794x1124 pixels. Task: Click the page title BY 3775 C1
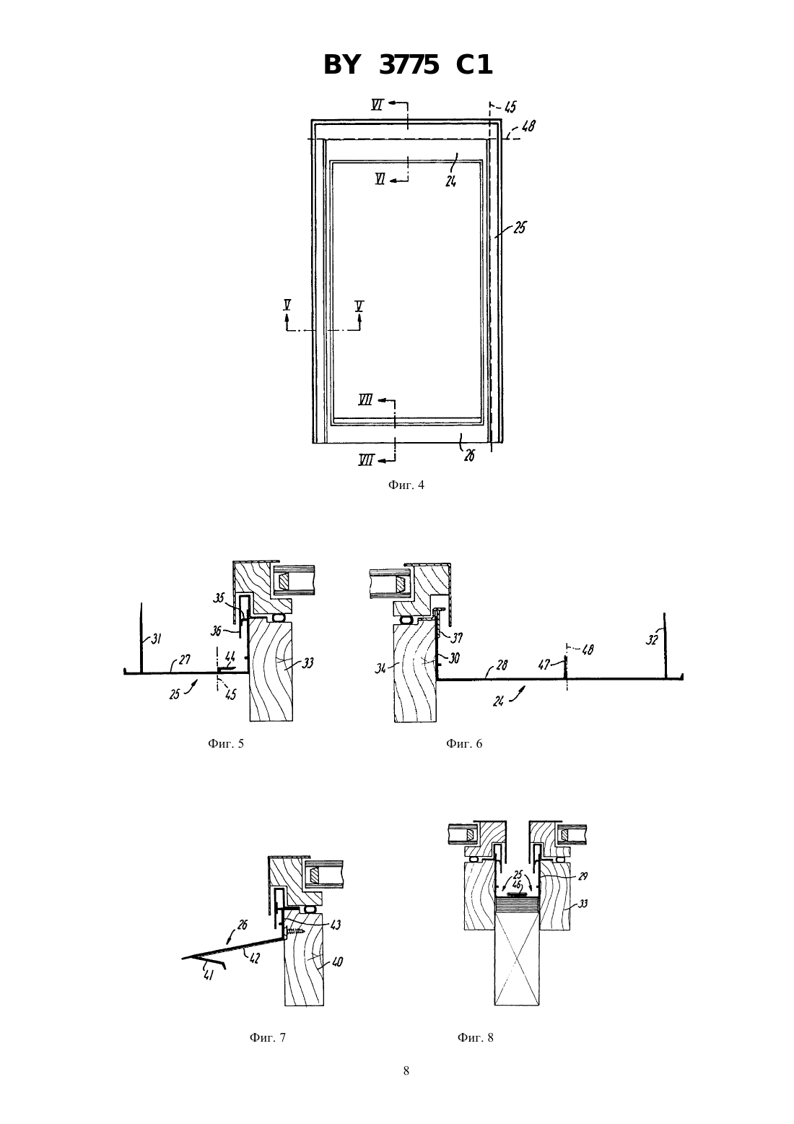click(408, 65)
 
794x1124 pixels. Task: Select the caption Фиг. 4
click(406, 485)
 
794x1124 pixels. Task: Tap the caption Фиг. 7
click(268, 1037)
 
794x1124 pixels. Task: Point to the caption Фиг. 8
click(475, 1037)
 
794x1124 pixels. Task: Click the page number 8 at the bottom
click(406, 1071)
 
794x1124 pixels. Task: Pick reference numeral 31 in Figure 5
click(156, 639)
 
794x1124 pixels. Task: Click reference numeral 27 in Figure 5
click(184, 661)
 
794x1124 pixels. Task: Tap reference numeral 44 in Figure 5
click(230, 657)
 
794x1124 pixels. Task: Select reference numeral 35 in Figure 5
click(219, 597)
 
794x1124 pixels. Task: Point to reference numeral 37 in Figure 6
click(456, 638)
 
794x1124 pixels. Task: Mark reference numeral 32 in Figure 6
click(651, 640)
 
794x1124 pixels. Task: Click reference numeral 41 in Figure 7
click(208, 975)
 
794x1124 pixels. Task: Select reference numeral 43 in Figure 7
click(335, 923)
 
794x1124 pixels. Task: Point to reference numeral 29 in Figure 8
click(583, 876)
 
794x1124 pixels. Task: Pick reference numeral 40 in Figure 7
click(337, 961)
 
